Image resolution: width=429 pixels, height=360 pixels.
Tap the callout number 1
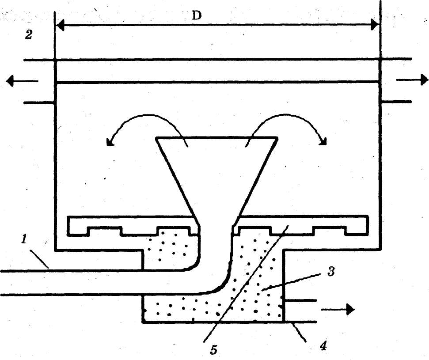[x=25, y=239]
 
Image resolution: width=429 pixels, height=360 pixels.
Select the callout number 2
[x=29, y=35]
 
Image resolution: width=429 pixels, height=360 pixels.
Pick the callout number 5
[x=214, y=349]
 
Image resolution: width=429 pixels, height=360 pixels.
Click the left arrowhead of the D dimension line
[x=60, y=25]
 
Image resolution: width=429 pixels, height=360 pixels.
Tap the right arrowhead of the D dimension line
[x=376, y=25]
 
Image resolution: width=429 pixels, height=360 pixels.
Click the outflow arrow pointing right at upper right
[x=413, y=80]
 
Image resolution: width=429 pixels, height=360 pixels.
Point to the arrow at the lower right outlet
[x=338, y=309]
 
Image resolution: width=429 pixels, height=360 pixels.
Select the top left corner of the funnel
[x=156, y=139]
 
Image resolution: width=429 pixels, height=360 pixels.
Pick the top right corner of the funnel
[x=278, y=139]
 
